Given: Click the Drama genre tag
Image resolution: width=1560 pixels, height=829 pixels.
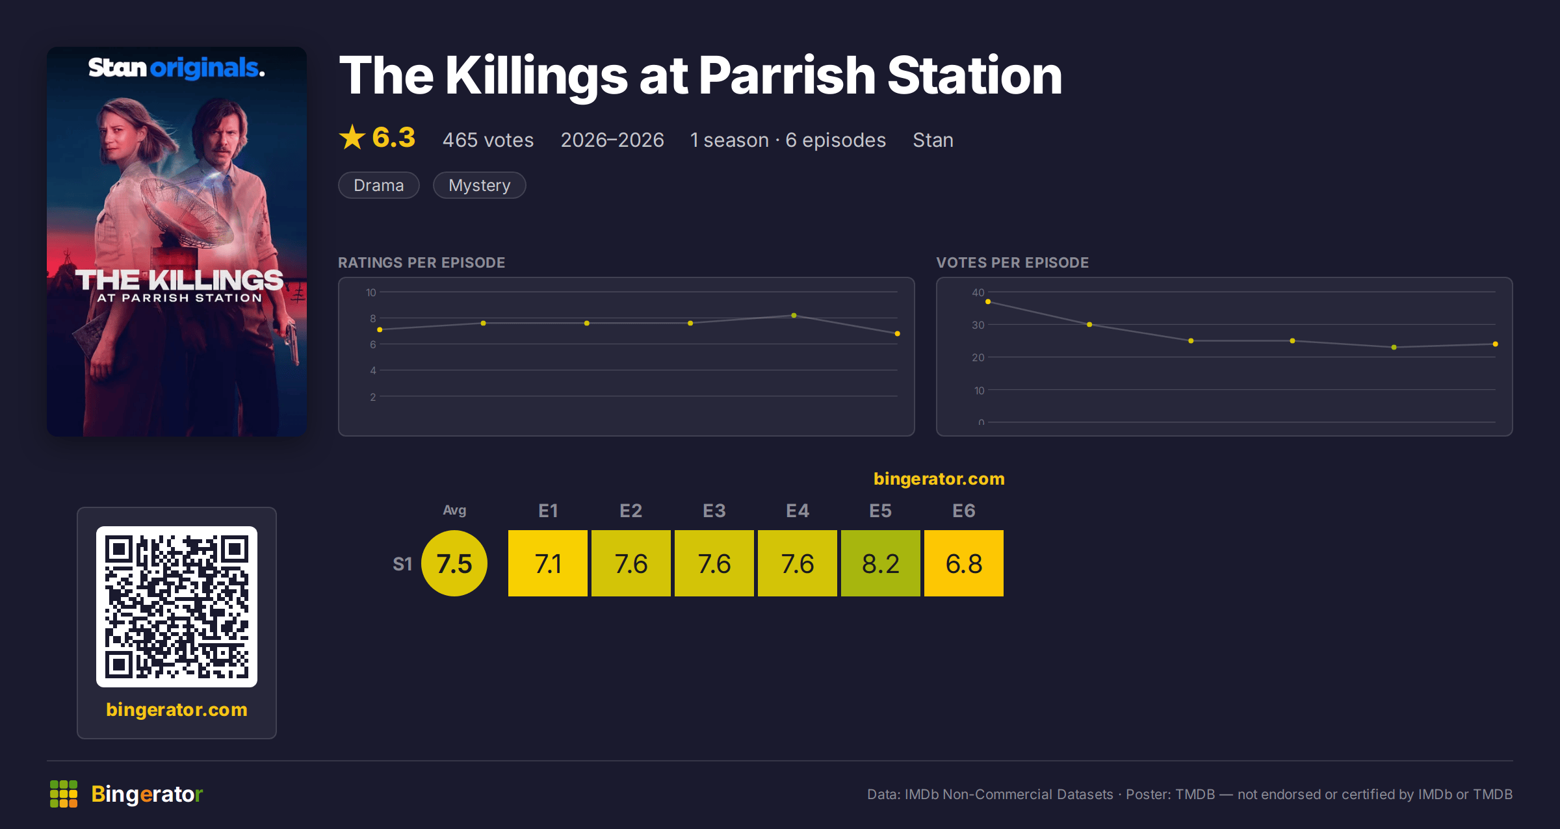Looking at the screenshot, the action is coord(379,185).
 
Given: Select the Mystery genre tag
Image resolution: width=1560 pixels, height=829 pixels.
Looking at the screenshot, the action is coord(480,185).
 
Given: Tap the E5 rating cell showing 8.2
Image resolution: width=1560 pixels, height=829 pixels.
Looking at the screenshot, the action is coord(881,563).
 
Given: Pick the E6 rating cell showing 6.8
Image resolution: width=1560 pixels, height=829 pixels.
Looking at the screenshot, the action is coord(964,563).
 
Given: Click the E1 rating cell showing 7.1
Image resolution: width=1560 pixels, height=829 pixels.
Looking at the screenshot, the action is coord(548,563).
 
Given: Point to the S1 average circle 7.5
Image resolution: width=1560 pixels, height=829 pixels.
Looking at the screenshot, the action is coord(454,563).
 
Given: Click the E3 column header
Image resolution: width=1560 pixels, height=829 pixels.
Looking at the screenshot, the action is coord(714,511).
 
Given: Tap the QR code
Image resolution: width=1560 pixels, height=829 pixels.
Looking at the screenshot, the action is coord(177,607).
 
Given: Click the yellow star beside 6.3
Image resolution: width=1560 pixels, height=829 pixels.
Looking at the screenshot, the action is coord(352,137).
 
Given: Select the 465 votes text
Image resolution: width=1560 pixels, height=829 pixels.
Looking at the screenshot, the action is coord(488,140).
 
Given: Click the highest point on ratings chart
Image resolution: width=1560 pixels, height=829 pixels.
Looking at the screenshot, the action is coord(794,315).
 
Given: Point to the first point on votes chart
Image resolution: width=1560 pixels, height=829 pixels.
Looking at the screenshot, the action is coord(988,301).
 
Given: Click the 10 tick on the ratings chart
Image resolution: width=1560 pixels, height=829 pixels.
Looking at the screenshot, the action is coord(371,292).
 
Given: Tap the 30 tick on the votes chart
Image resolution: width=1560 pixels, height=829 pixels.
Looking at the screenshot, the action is coord(978,325).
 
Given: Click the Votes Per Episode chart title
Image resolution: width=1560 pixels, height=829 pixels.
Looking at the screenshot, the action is coord(1012,262).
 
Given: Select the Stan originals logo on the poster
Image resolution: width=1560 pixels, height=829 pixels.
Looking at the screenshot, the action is coord(177,68).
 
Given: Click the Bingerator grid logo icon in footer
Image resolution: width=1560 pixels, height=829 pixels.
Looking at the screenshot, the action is coord(64,794).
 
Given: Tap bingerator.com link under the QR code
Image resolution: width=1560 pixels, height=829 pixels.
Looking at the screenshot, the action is coord(177,709).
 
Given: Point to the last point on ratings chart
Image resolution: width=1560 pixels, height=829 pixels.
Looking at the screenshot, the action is coord(897,333).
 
